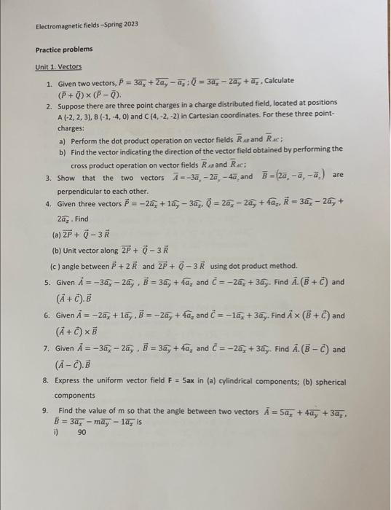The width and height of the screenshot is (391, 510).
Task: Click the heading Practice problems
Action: [x=64, y=50]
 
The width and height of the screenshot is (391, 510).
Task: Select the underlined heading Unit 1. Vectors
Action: [x=59, y=66]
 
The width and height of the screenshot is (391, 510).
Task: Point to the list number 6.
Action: [x=47, y=316]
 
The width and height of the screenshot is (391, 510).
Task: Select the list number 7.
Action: [x=47, y=350]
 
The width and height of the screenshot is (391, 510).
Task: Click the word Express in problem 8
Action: [x=70, y=381]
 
